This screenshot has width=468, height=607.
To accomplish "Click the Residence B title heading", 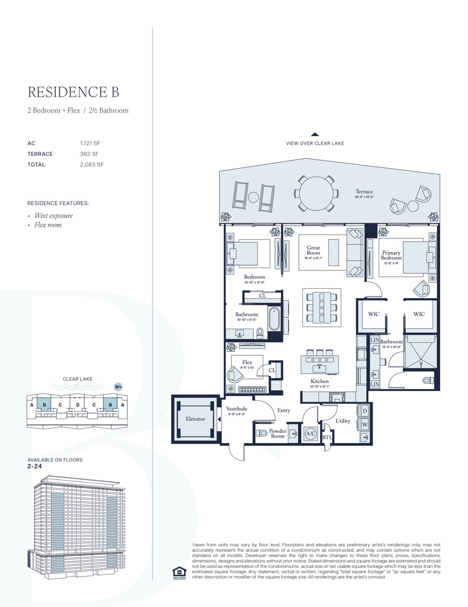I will pos(73,92).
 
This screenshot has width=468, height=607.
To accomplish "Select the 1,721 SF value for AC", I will pos(90,143).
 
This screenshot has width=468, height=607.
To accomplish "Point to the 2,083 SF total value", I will pos(92,164).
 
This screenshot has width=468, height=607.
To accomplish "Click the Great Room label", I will pos(313,250).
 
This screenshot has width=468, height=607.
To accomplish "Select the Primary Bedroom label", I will pos(391,255).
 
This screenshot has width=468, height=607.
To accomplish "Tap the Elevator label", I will pos(195,419).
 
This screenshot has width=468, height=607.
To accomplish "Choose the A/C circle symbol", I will pos(311,434).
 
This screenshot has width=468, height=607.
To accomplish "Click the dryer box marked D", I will pos(365,411).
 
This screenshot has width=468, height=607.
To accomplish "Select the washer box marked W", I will pos(365,424).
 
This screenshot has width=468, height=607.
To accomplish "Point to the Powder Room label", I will pos(278,433).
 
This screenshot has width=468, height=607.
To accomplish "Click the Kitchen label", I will pos(319,381).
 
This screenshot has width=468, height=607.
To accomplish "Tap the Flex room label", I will pos(247,362).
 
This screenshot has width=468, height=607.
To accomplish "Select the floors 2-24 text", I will pos(35,466).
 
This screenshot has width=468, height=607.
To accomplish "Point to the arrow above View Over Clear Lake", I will pos(315,134).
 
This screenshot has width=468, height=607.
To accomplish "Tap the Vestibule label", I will pos(237,409).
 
